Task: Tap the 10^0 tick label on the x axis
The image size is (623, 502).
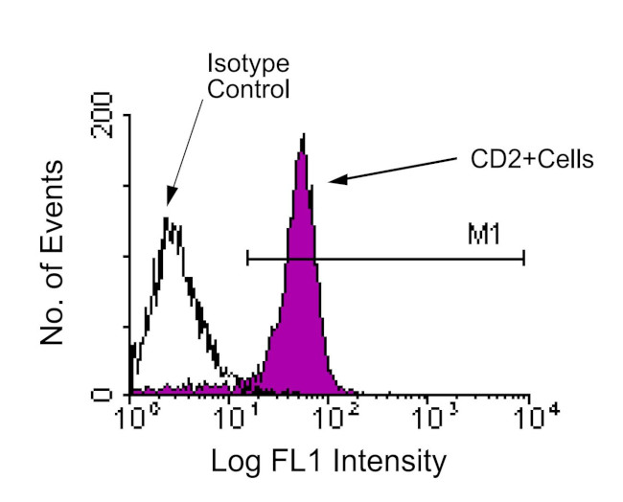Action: pos(132,418)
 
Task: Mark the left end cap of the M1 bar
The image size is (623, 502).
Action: pos(247,258)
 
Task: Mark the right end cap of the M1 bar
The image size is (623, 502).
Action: pos(524,258)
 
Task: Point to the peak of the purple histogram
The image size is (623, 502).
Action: pos(303,136)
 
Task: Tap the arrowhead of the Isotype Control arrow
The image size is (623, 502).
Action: pos(170,200)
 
